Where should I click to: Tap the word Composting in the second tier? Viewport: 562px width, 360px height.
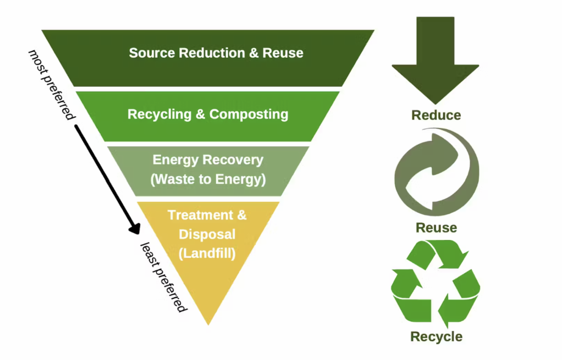[249, 114]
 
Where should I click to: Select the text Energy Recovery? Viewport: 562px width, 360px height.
[208, 160]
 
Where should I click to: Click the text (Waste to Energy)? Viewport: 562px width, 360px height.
[208, 179]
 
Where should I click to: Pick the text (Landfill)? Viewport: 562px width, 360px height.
[207, 254]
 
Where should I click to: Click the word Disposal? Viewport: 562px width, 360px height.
[207, 234]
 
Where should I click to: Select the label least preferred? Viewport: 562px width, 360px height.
[164, 277]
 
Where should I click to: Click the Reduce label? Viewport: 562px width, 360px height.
[436, 115]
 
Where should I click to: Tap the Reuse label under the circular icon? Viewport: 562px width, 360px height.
[436, 228]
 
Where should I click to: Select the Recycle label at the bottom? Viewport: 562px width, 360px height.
[436, 337]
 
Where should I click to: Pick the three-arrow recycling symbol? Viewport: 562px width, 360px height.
[436, 283]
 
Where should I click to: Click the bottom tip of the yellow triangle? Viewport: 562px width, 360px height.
[208, 322]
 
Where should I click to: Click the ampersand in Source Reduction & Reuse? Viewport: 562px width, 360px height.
[253, 53]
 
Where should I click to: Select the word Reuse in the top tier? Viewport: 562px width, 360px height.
[283, 53]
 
